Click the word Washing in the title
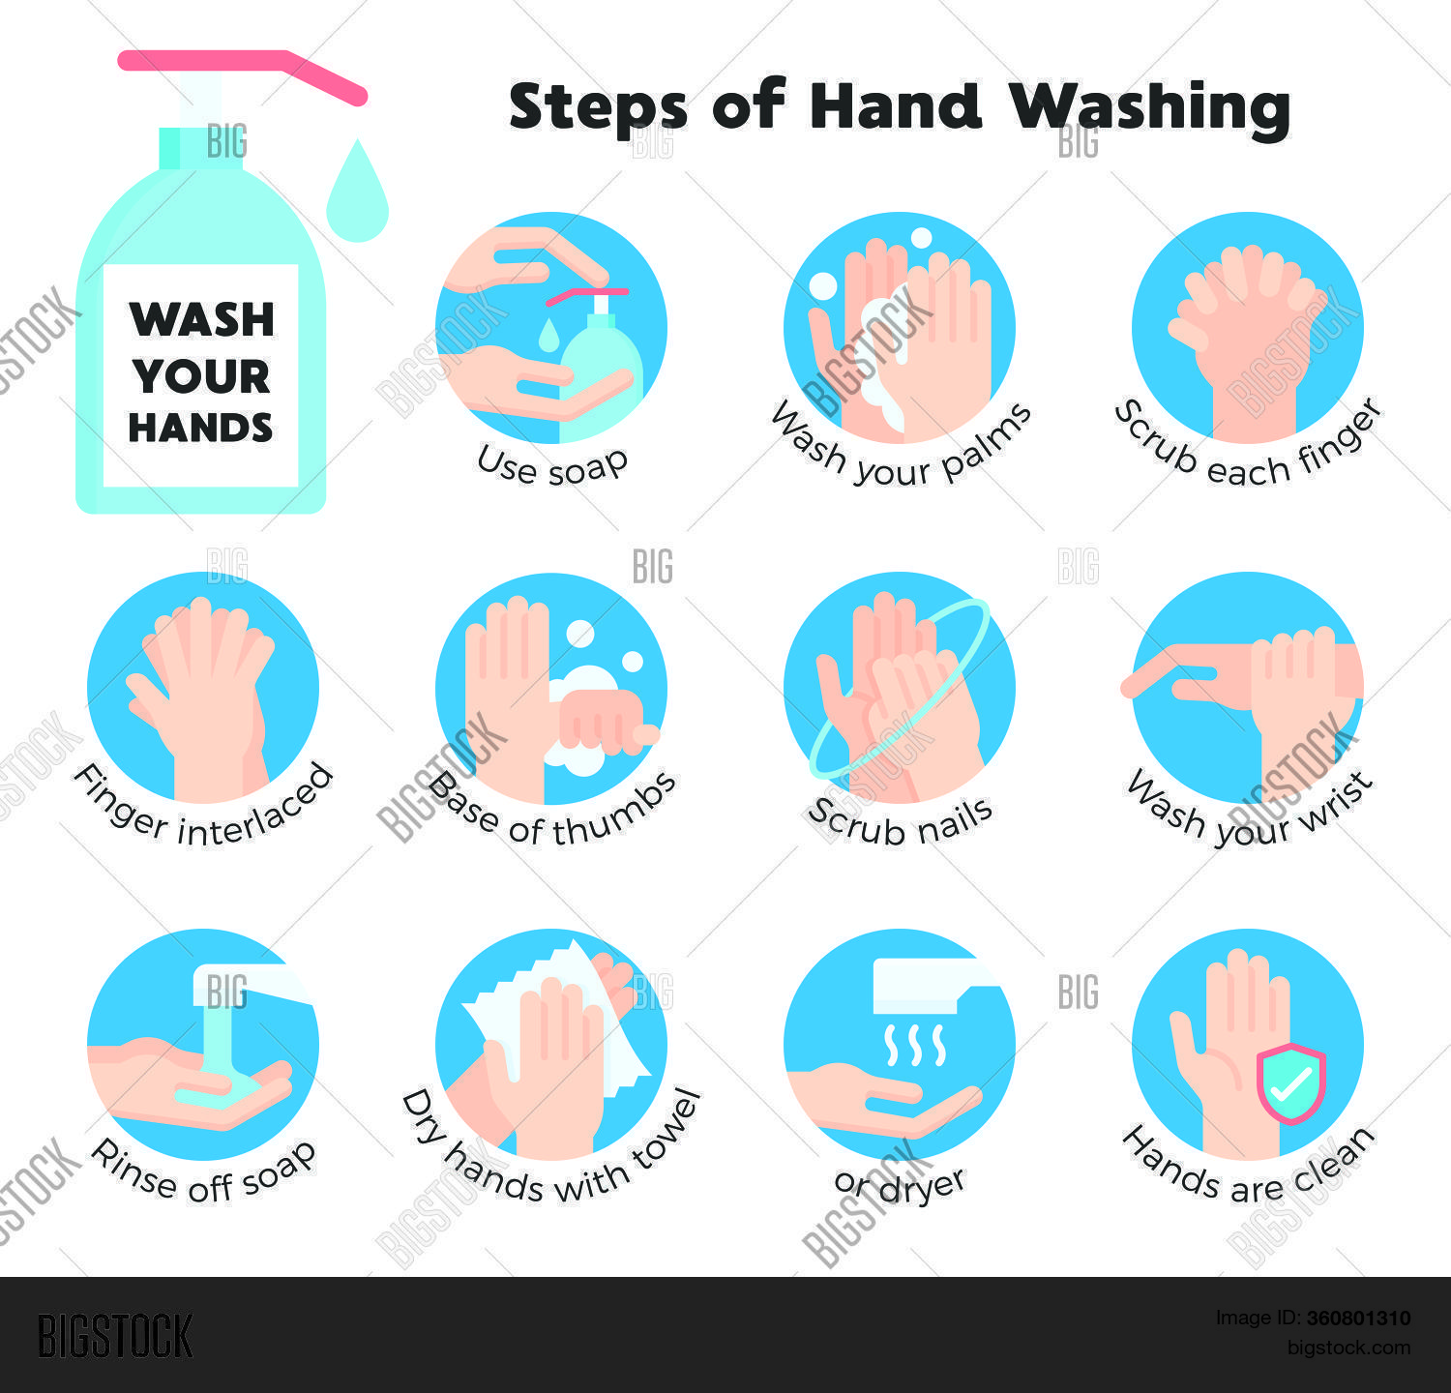click(x=1150, y=107)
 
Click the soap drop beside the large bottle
click(x=357, y=193)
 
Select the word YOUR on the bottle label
click(x=201, y=375)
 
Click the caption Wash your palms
click(x=900, y=451)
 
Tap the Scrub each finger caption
click(x=1248, y=451)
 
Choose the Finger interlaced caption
click(x=203, y=813)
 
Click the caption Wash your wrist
click(x=1248, y=813)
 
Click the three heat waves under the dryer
click(x=914, y=1045)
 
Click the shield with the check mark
click(x=1290, y=1083)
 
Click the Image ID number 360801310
click(x=1358, y=1318)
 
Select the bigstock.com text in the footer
click(x=1348, y=1348)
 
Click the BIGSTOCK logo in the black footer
click(x=115, y=1336)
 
